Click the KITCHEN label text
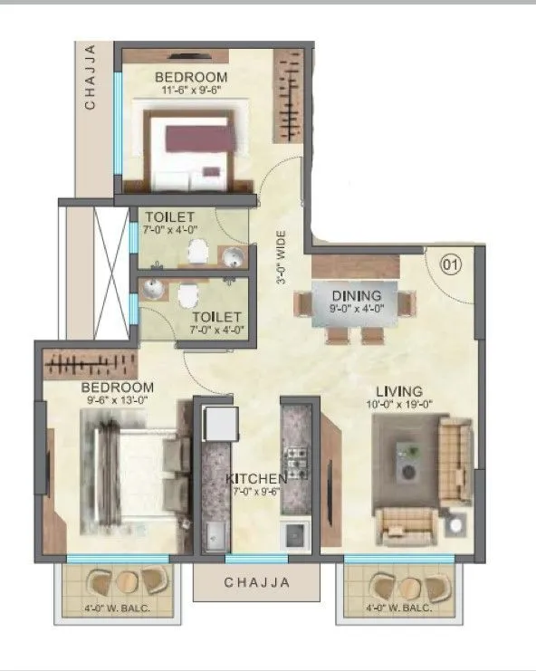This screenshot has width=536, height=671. (x=257, y=478)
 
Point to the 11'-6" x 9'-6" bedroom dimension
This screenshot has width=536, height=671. (x=190, y=91)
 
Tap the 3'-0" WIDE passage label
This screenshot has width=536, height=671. (x=282, y=258)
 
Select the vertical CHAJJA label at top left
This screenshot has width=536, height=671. (x=90, y=79)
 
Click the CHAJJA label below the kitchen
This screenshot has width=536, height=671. (x=257, y=583)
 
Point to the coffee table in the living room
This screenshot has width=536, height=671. (x=408, y=461)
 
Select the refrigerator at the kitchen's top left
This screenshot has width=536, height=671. (x=220, y=423)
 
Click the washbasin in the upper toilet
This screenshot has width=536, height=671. (x=234, y=257)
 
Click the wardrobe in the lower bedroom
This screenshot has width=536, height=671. (x=91, y=364)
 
